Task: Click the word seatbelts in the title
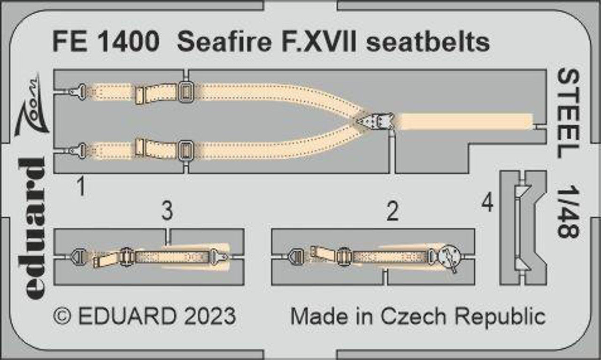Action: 427,43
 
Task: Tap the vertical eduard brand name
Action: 33,228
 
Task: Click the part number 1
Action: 81,189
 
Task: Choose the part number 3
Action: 167,212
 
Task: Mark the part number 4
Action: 488,204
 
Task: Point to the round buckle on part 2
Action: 449,257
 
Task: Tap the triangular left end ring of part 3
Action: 77,257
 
